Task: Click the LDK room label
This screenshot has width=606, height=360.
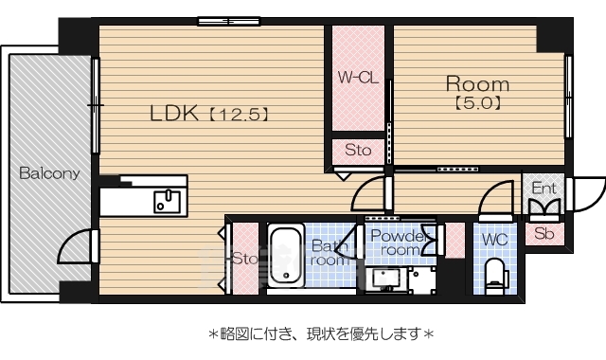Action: pos(173,114)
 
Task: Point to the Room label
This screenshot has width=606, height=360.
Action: pos(477,83)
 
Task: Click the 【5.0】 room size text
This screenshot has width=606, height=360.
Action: pos(477,102)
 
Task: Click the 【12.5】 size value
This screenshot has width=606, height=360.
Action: pos(239,115)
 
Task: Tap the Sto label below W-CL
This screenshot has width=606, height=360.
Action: pos(357,151)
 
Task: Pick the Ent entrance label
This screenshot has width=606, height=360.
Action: pos(543,189)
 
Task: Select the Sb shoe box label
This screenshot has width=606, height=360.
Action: pos(544,232)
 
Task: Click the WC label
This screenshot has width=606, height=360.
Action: pos(495,239)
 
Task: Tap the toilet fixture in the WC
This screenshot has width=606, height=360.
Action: pos(496,277)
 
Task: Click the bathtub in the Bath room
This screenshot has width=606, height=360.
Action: pos(284,257)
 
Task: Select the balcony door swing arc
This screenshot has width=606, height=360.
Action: pos(74,248)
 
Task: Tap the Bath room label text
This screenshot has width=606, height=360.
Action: pos(329,253)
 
